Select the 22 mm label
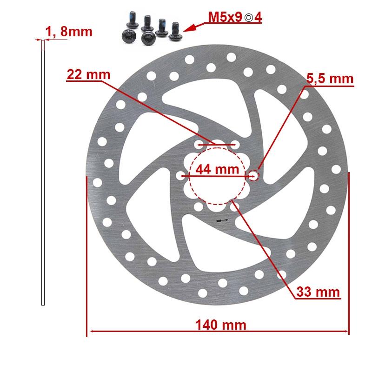[x=88, y=74]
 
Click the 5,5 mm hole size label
[x=330, y=79]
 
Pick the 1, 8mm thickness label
[x=69, y=32]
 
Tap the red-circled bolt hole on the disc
[x=254, y=175]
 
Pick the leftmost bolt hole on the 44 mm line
[x=181, y=176]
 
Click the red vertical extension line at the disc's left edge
[x=87, y=256]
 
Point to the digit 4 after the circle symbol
[x=258, y=18]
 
